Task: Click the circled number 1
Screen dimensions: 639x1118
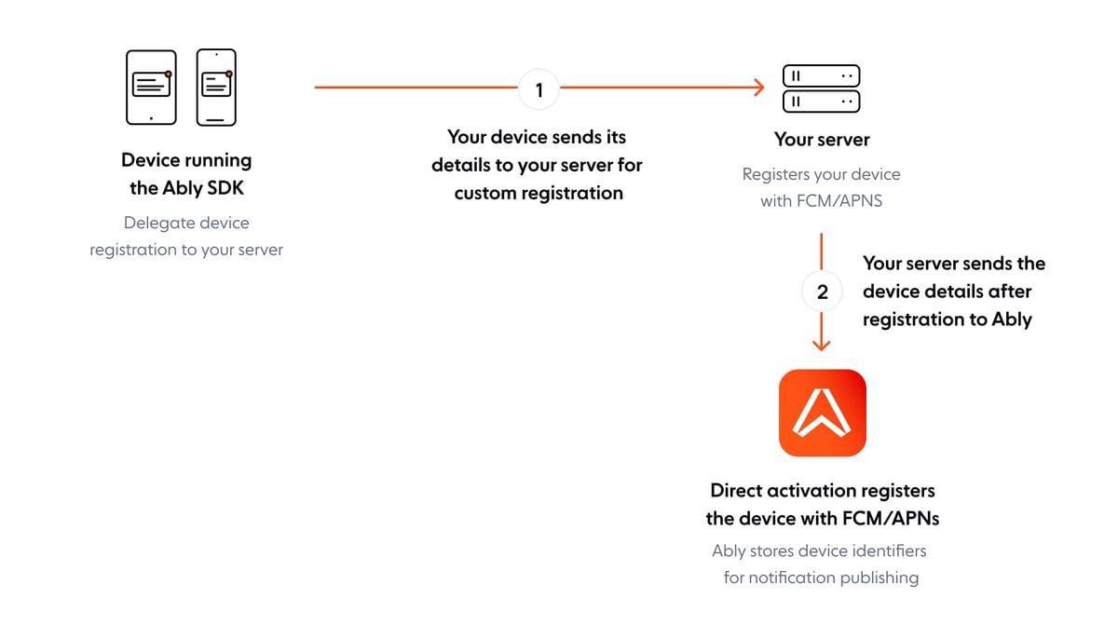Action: pos(539,89)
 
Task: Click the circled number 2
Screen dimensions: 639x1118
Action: pos(822,292)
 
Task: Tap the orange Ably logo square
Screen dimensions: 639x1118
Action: pos(822,413)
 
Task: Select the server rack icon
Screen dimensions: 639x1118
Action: pos(821,88)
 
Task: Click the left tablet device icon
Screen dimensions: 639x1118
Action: pos(151,88)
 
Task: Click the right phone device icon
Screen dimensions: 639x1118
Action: pos(216,88)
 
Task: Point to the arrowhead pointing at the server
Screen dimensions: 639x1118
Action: pos(758,88)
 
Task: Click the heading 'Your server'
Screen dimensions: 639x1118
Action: pos(822,140)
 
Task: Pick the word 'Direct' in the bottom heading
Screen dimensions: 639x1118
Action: pos(742,491)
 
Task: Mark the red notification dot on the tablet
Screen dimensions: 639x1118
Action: pos(168,74)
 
